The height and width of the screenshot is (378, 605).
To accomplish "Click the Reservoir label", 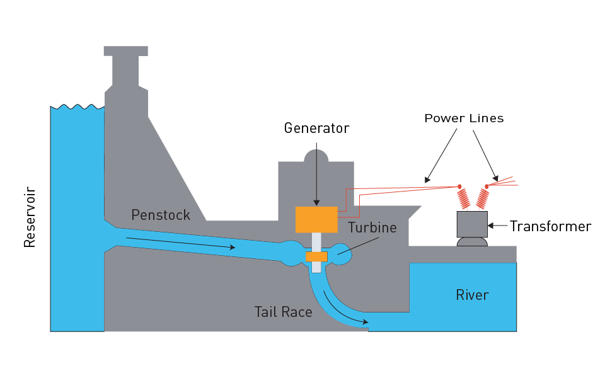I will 30,217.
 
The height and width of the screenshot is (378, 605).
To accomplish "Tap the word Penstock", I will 160,215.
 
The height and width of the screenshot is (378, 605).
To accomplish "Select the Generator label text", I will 316,128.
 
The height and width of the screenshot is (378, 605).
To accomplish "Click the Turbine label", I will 374,227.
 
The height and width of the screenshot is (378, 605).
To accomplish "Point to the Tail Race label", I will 283,311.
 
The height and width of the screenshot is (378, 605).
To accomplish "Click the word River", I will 472,294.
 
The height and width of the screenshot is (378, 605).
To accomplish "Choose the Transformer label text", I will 550,226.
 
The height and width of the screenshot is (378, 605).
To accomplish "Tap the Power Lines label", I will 464,118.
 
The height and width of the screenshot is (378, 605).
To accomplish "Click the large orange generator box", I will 316,219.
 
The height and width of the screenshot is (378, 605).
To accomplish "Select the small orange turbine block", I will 316,256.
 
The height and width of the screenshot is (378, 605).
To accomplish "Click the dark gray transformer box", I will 472,224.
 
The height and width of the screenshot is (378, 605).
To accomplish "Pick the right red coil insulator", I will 482,198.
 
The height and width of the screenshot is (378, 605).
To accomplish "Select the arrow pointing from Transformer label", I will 498,225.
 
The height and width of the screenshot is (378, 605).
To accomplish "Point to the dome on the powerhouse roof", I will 316,154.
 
